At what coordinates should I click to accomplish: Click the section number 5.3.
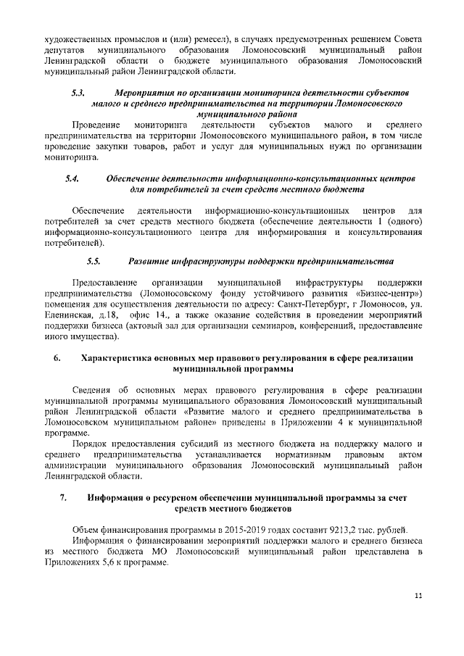78,94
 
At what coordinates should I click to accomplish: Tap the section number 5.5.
93,260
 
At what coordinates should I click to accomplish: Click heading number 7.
63,498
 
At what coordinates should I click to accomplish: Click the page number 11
418,596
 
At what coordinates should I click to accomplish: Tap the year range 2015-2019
225,530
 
